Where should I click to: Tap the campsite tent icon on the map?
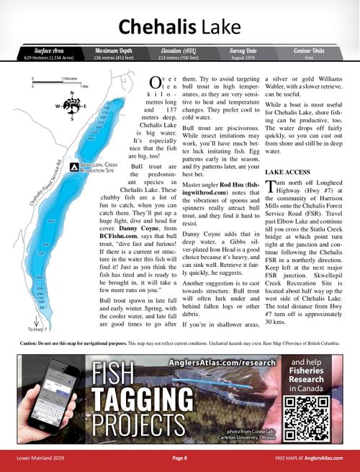point(74,167)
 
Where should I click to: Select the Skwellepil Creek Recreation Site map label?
point(102,167)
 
